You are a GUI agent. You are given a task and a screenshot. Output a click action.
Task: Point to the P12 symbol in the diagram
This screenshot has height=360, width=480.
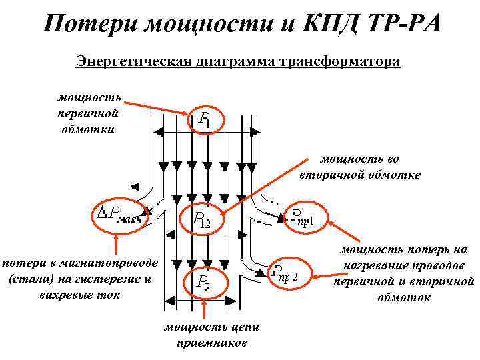point(201,218)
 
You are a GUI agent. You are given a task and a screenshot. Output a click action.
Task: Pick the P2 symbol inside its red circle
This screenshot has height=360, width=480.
point(203,283)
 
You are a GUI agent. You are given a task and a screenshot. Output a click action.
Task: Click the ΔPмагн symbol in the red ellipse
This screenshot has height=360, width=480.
point(121,215)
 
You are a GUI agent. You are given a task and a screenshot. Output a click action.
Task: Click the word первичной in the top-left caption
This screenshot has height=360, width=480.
point(87,113)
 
